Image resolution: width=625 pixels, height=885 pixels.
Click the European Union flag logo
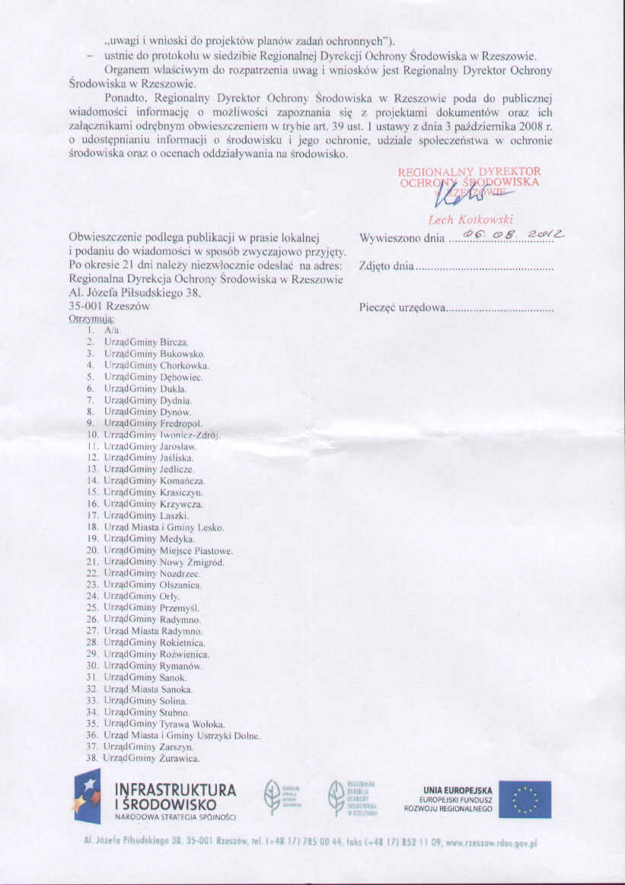coord(525,799)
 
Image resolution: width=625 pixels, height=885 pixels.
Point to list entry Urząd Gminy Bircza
coord(146,343)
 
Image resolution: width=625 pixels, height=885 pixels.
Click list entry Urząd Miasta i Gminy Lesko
coord(164,527)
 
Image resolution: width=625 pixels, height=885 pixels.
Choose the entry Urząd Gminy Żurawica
coord(151,759)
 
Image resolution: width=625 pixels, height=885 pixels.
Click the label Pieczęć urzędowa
coord(402,308)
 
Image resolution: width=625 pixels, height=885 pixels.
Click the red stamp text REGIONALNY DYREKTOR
coord(469,172)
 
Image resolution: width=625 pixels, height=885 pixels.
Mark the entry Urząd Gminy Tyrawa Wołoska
coord(164,724)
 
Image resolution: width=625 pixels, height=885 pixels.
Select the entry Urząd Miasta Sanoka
coord(148,689)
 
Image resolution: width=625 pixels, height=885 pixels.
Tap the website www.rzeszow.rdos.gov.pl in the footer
coord(486,843)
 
